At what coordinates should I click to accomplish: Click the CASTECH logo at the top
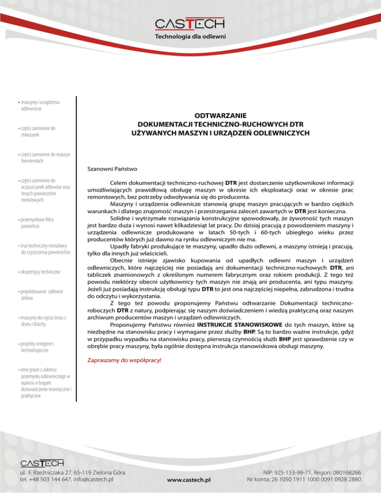[190, 24]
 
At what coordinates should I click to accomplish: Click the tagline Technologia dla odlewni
[190, 37]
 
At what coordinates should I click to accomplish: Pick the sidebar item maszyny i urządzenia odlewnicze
[40, 105]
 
